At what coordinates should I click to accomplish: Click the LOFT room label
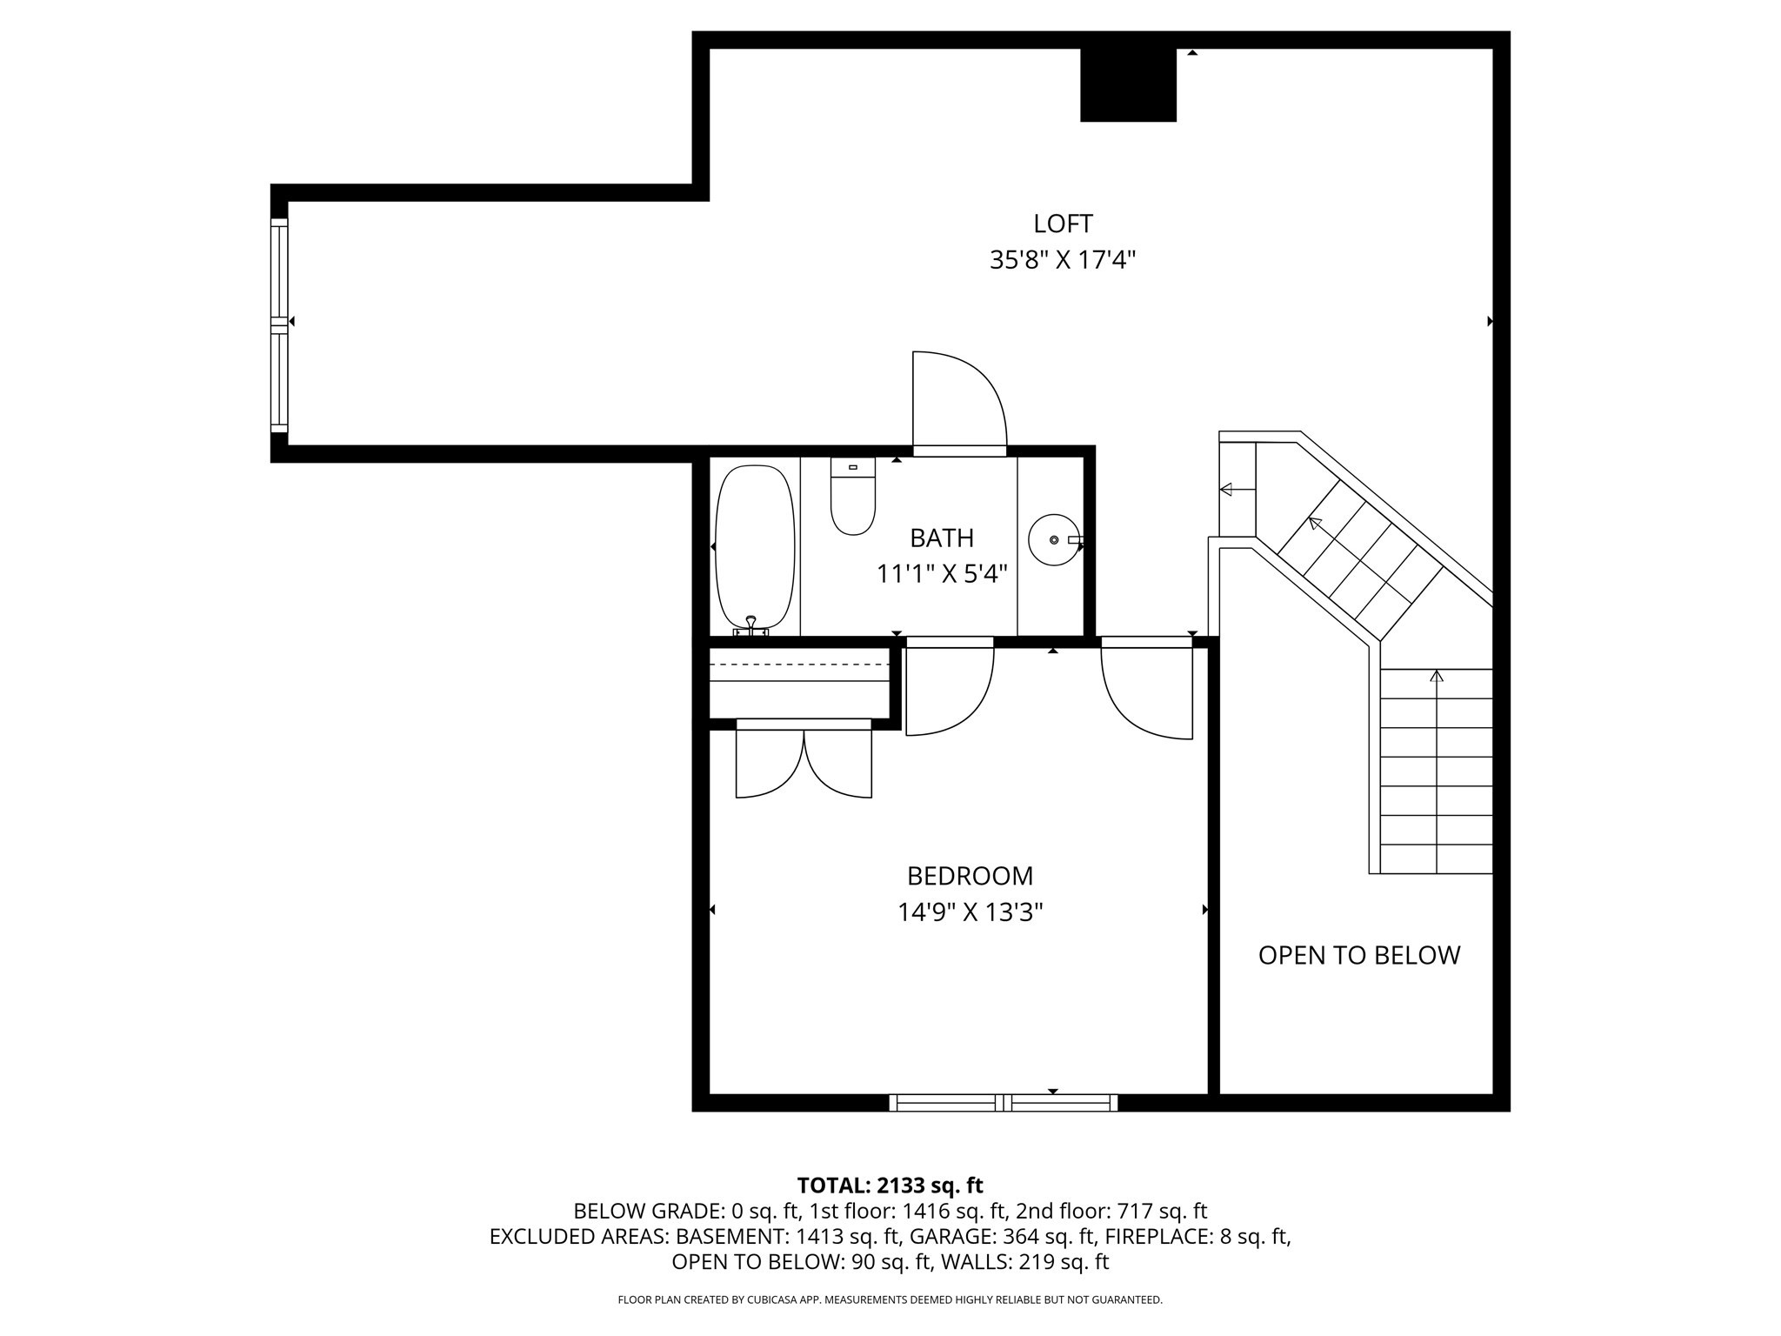click(x=1063, y=224)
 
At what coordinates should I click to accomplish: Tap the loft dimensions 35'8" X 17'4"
click(x=1063, y=260)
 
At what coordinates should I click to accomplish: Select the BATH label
click(x=942, y=538)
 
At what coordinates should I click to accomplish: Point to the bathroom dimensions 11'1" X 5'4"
click(x=942, y=574)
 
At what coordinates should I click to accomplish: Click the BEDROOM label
click(x=970, y=875)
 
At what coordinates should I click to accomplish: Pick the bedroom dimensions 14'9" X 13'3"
click(x=970, y=912)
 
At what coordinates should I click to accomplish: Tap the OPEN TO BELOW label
click(x=1359, y=955)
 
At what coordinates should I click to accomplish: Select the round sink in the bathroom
click(x=1054, y=540)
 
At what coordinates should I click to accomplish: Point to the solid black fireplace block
click(x=1128, y=85)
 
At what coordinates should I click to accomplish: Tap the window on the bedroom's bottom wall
click(x=1003, y=1103)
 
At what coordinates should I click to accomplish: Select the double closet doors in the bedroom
click(x=804, y=761)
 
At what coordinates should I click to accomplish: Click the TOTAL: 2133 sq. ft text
click(x=890, y=1186)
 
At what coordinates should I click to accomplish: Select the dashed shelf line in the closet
click(x=799, y=665)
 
